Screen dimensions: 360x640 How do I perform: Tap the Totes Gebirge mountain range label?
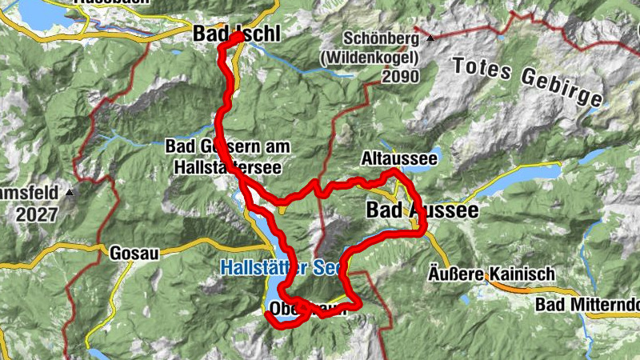pyautogui.click(x=528, y=80)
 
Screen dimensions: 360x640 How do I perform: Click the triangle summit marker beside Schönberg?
pyautogui.click(x=430, y=38)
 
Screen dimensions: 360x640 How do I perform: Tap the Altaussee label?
pyautogui.click(x=398, y=159)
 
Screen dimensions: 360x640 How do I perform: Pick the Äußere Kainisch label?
pyautogui.click(x=491, y=274)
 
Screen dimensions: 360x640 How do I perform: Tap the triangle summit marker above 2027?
pyautogui.click(x=70, y=193)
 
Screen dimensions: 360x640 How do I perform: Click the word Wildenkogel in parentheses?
pyautogui.click(x=381, y=58)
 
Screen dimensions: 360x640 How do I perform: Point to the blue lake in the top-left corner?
pyautogui.click(x=36, y=12)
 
